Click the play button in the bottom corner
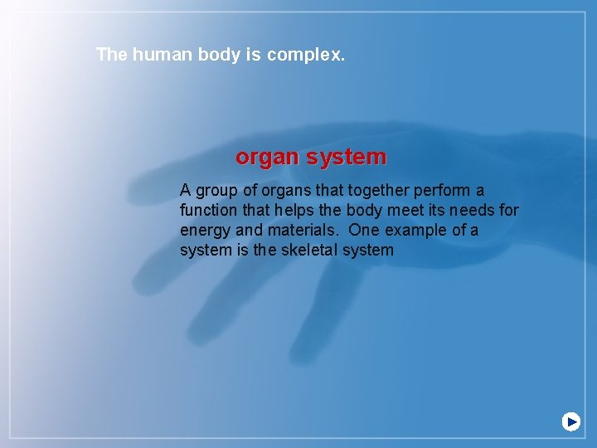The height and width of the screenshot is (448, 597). click(571, 421)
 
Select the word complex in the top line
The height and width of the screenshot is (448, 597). click(306, 56)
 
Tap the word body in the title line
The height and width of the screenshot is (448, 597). click(219, 55)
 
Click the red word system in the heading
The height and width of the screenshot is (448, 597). click(347, 157)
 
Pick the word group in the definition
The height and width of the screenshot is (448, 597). click(216, 191)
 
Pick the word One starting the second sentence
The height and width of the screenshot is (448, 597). click(362, 230)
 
